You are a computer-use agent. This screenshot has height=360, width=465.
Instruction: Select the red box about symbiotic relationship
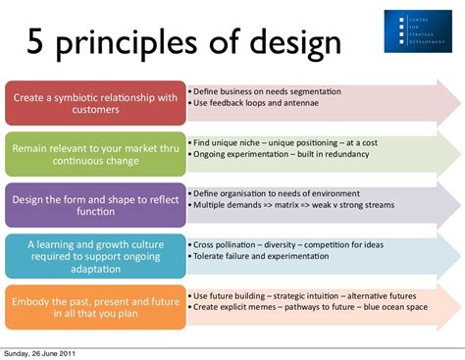coord(95,104)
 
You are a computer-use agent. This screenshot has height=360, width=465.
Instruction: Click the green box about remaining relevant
coord(95,153)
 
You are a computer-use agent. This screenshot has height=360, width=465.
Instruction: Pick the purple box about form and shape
coord(95,204)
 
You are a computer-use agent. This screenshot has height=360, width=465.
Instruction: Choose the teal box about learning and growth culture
coord(95,255)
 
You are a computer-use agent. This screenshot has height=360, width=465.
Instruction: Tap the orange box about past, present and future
coord(95,307)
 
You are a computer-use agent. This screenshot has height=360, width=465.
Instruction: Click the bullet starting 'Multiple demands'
coord(294,206)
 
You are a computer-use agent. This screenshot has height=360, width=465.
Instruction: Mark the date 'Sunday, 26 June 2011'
coord(39,353)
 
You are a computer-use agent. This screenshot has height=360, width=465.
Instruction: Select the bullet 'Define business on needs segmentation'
coord(267,91)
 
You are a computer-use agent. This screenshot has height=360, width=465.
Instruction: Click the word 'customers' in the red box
coord(95,111)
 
